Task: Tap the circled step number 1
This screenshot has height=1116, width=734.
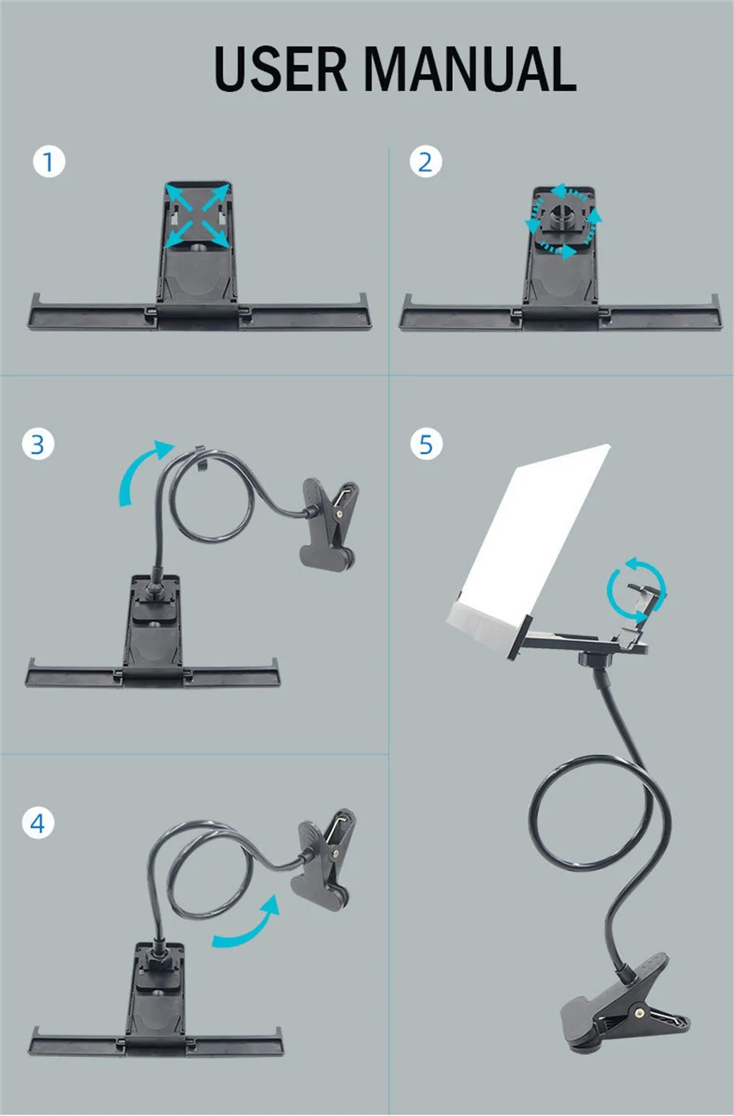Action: (49, 161)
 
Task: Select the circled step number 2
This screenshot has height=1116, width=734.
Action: (425, 161)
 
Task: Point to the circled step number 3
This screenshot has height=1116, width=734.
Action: (38, 444)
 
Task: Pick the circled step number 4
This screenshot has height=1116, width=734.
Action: (38, 822)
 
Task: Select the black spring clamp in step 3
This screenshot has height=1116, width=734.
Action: (328, 524)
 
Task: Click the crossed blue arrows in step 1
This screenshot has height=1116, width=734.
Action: (197, 215)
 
